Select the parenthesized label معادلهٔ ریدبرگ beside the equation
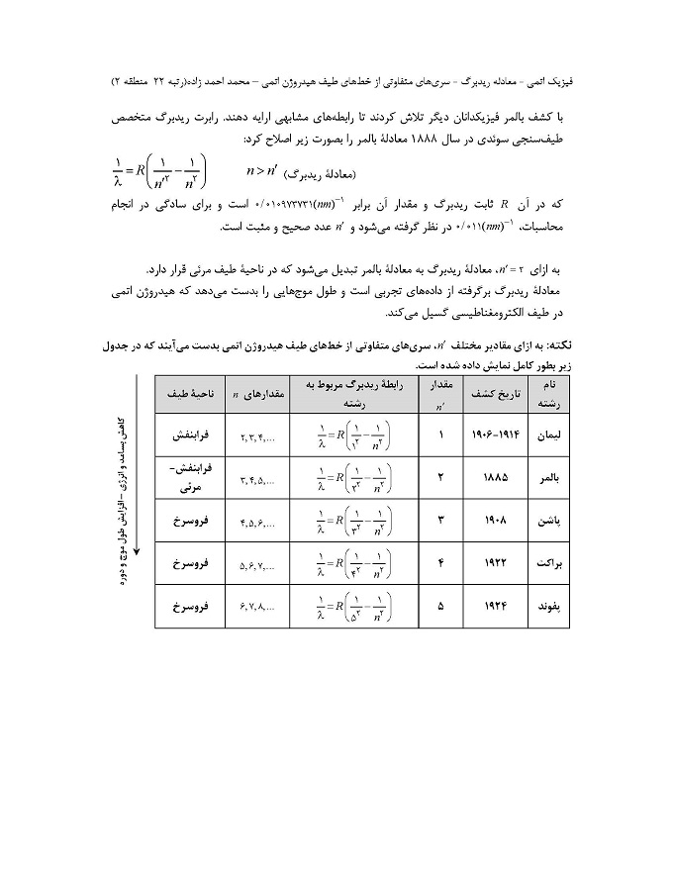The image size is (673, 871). coord(314,177)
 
